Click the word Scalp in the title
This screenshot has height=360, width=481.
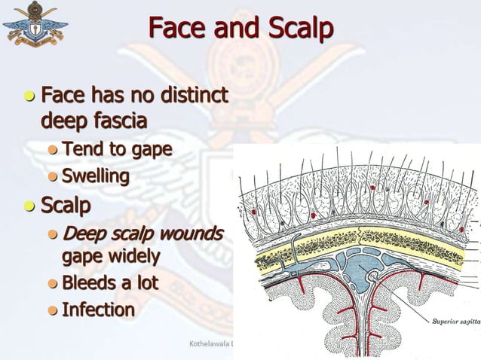[300, 29]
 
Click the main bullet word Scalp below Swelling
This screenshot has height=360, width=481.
[66, 206]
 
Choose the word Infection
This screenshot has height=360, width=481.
[98, 310]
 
